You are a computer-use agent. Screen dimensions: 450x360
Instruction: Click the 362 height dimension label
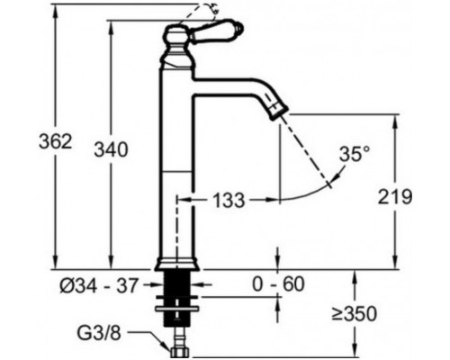[x=56, y=141]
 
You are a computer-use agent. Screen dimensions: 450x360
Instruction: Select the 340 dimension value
[x=111, y=149]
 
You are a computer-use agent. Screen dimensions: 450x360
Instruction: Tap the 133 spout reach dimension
[x=229, y=200]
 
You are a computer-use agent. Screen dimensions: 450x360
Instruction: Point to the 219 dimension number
[x=395, y=197]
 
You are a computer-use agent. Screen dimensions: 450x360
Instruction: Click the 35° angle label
[x=355, y=154]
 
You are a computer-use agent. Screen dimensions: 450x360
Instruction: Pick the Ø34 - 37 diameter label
[x=99, y=285]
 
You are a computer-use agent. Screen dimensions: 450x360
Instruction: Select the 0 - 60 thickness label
[x=278, y=284]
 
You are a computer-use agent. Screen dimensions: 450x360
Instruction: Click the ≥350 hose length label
[x=354, y=314]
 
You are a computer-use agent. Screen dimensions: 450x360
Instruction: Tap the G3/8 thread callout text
[x=99, y=333]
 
